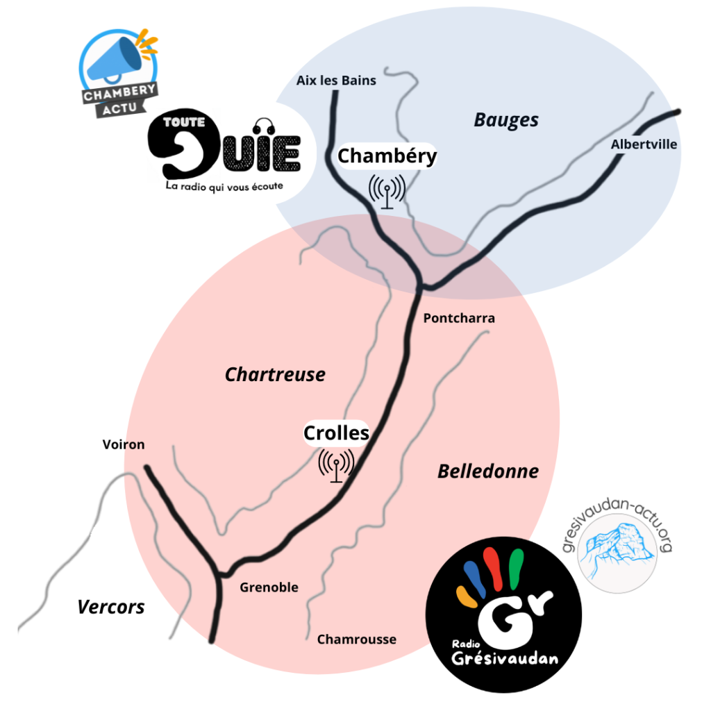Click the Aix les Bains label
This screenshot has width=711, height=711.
coord(336,81)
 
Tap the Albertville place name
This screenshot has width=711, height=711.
coord(644,144)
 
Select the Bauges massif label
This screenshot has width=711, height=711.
coord(506,120)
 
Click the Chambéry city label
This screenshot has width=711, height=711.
coord(387,156)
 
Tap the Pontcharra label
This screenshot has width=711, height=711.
coord(459,318)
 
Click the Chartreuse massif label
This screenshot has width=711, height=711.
coord(275,375)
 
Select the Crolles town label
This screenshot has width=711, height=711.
coord(336,433)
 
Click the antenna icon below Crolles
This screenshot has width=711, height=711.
coord(337,464)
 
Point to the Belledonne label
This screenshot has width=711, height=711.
coord(488,471)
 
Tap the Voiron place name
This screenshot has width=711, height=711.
coord(124,444)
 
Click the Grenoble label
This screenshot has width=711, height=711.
coord(269,587)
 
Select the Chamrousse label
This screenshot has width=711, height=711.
coord(356,639)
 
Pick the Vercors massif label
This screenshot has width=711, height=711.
coord(111,607)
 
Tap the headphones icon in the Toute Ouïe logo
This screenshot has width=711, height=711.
coord(262,126)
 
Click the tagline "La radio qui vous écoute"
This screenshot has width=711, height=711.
coord(224,186)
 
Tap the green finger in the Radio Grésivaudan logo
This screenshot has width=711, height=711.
coord(516,566)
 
